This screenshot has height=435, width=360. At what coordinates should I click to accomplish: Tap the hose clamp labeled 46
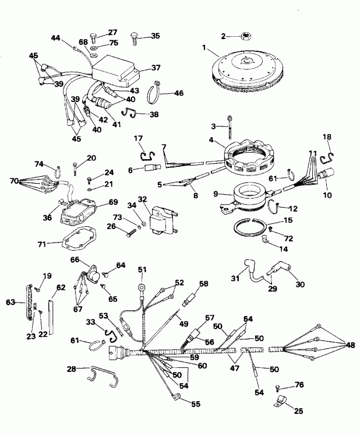pyautogui.click(x=156, y=92)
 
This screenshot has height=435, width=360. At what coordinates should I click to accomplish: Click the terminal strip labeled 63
pyautogui.click(x=24, y=303)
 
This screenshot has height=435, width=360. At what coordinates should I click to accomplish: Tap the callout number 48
pyautogui.click(x=350, y=345)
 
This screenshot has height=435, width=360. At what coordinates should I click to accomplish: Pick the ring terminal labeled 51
pyautogui.click(x=140, y=288)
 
